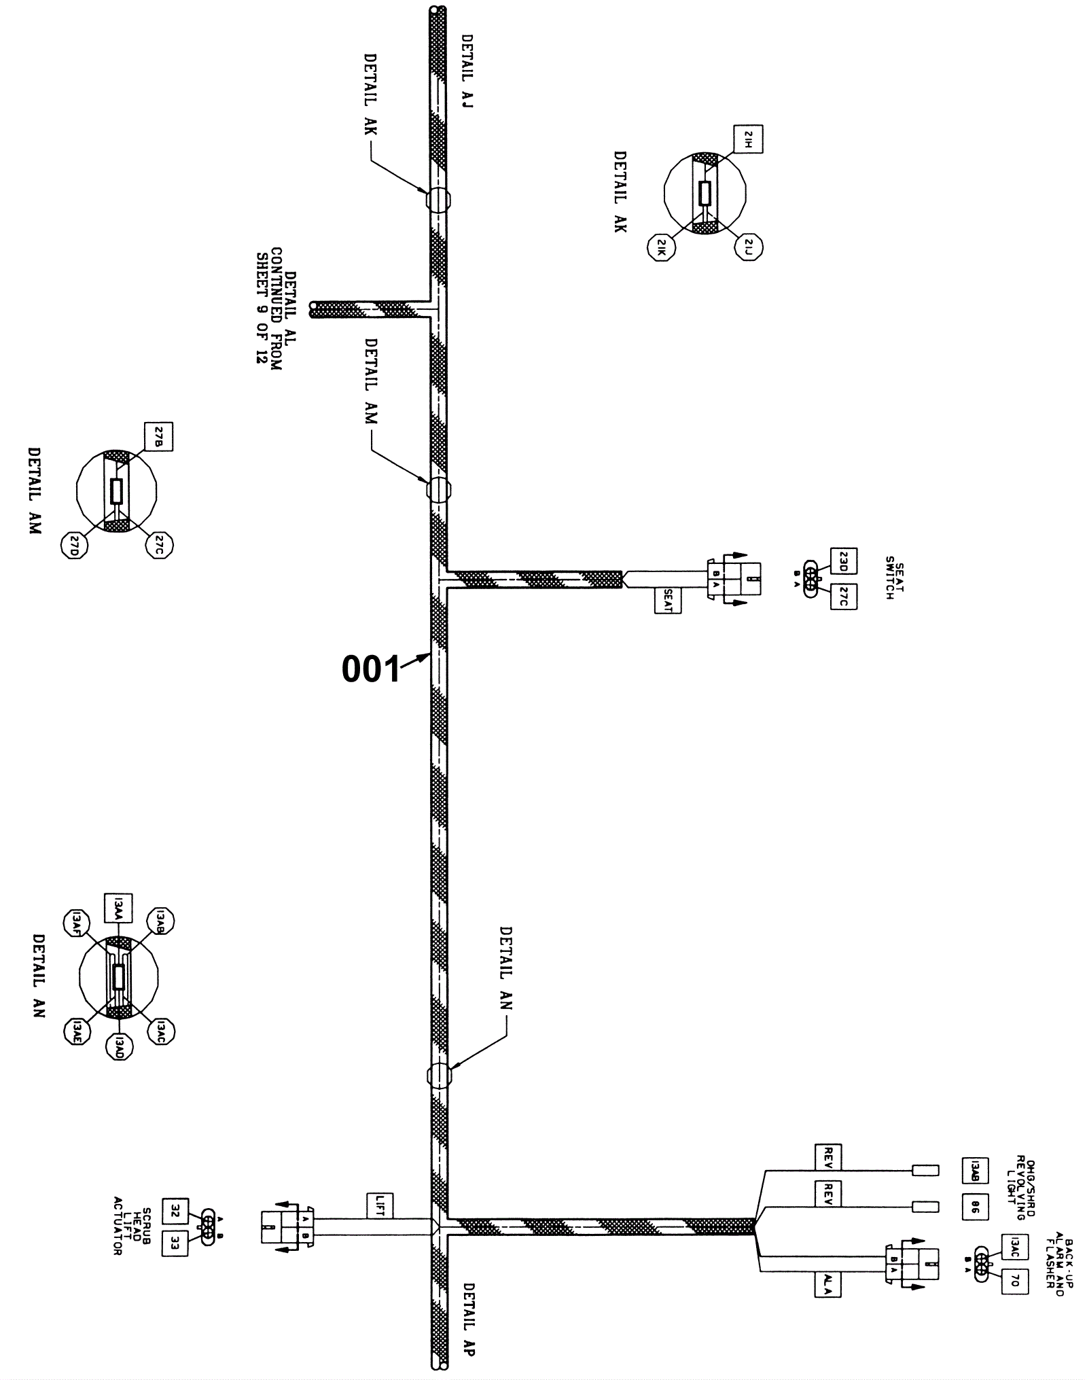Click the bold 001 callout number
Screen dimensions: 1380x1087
pos(371,669)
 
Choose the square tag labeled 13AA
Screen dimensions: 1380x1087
pos(118,907)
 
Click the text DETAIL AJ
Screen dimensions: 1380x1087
pos(467,71)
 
